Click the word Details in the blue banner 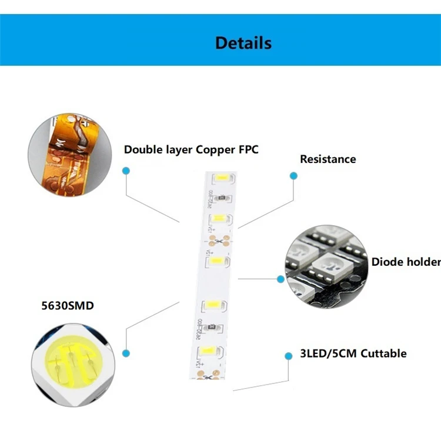[243, 43]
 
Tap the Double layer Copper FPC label [191, 149]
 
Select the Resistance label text [328, 159]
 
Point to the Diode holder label [406, 262]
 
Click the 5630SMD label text [68, 306]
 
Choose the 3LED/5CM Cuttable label [353, 353]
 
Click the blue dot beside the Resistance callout [292, 175]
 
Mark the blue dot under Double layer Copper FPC [125, 171]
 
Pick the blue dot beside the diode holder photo [280, 279]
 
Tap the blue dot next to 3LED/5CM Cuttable [288, 356]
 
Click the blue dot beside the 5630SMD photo [125, 353]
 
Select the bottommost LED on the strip [209, 351]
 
